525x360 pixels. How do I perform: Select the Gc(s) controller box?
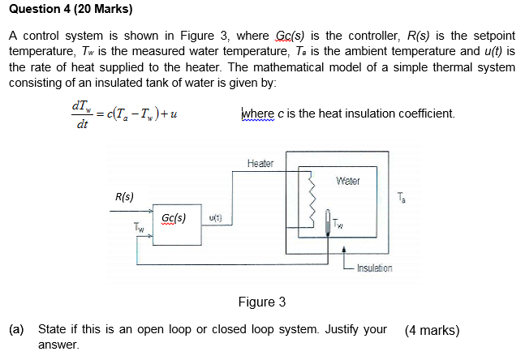pyautogui.click(x=174, y=220)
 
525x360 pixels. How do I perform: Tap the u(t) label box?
pyautogui.click(x=216, y=218)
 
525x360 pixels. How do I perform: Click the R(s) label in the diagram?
pyautogui.click(x=125, y=196)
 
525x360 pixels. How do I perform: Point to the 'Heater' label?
pyautogui.click(x=260, y=163)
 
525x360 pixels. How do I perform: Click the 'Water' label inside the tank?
pyautogui.click(x=347, y=181)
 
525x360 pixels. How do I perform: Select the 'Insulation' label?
pyautogui.click(x=372, y=268)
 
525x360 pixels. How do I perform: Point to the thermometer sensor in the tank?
pyautogui.click(x=328, y=221)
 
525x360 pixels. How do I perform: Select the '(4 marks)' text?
pyautogui.click(x=432, y=330)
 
